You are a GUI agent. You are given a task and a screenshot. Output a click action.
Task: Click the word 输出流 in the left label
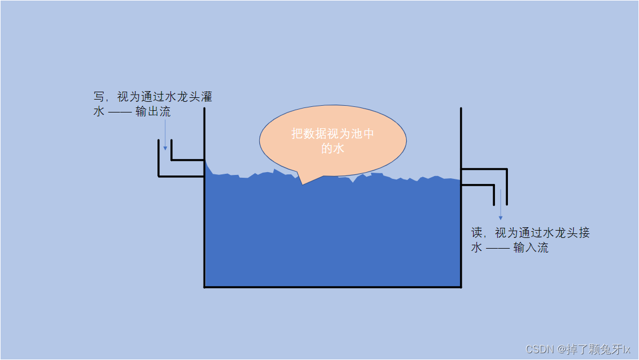pyautogui.click(x=153, y=111)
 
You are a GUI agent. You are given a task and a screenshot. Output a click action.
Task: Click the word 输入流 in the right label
pyautogui.click(x=531, y=247)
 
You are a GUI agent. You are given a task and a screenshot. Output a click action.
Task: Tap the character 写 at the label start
pyautogui.click(x=99, y=97)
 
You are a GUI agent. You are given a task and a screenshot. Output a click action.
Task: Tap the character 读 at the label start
pyautogui.click(x=477, y=233)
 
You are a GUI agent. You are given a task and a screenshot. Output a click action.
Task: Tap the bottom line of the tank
pyautogui.click(x=332, y=287)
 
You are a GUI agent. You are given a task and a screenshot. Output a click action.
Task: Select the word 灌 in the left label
pyautogui.click(x=206, y=97)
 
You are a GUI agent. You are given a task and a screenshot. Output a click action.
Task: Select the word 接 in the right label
pyautogui.click(x=584, y=233)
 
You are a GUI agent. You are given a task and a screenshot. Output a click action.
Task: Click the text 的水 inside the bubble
pyautogui.click(x=332, y=148)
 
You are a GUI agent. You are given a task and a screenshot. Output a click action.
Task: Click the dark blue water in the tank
pyautogui.click(x=332, y=236)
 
